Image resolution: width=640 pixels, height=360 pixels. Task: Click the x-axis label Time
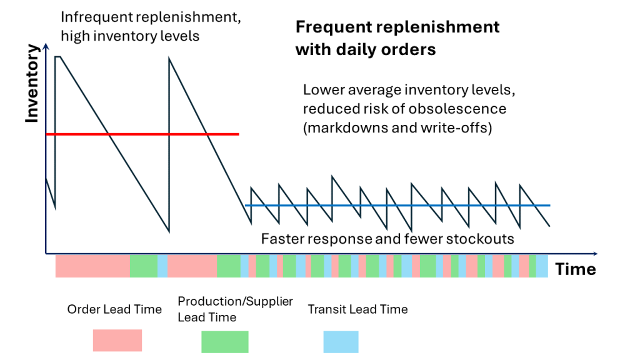[x=575, y=269]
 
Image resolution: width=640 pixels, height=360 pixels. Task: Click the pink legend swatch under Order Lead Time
[x=117, y=341]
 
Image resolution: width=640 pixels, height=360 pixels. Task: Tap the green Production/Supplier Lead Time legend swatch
[x=224, y=342]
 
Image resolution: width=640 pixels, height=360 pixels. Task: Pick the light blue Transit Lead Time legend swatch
[x=341, y=342]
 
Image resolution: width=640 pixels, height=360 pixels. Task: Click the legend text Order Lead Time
[x=114, y=309]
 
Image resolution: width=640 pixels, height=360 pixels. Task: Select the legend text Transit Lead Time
[x=357, y=309]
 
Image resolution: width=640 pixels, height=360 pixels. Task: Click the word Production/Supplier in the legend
[x=235, y=301]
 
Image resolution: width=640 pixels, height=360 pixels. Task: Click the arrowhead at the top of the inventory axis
[x=46, y=46]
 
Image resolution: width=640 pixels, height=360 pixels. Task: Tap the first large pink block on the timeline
[x=92, y=266]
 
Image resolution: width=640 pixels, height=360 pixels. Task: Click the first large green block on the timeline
[x=143, y=266]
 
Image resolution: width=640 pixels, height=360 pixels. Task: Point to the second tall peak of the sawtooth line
[x=169, y=59]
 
